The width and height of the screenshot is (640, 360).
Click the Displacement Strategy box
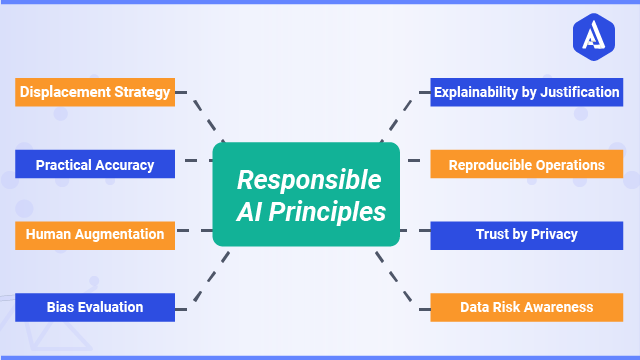coord(95,93)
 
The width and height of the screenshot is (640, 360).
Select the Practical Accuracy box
coord(95,164)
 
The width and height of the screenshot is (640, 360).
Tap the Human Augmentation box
coord(95,235)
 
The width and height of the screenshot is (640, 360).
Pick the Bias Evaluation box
coord(95,307)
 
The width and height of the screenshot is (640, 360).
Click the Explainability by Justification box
coord(527,93)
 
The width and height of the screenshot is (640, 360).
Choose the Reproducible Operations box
coord(527,164)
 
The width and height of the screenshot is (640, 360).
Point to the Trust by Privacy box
coord(527,235)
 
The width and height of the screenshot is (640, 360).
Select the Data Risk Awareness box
coord(527,307)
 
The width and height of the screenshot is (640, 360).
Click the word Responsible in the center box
coord(308,181)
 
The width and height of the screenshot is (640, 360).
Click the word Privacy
coord(554,235)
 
